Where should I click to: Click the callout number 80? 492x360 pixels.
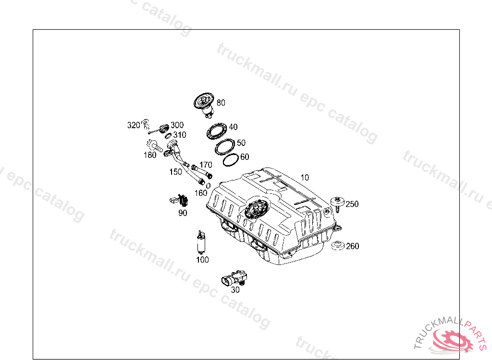[x=221, y=103]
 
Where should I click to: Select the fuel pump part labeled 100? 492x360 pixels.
[x=201, y=242]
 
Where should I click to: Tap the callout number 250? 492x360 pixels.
[x=352, y=204]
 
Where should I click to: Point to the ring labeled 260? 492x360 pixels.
[x=338, y=246]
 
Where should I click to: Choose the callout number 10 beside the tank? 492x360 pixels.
[x=305, y=178]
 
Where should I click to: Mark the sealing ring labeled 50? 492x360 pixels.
[x=225, y=147]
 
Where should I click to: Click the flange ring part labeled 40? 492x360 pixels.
[x=217, y=131]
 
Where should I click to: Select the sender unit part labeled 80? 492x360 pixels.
[x=204, y=105]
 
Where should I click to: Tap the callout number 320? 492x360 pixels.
[x=134, y=125]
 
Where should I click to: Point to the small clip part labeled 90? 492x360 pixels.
[x=180, y=200]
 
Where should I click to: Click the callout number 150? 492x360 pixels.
[x=176, y=172]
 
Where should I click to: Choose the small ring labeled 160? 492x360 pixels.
[x=208, y=186]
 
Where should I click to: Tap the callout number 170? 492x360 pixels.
[x=206, y=165]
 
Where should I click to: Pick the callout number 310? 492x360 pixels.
[x=180, y=135]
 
